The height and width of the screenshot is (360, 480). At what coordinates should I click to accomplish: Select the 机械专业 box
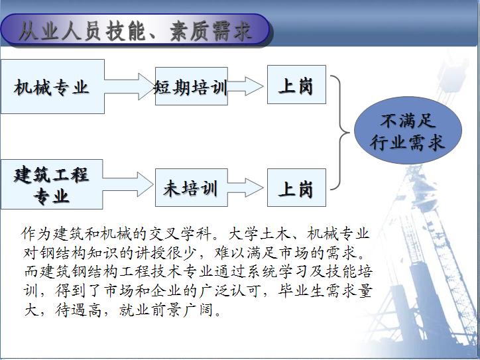click(52, 87)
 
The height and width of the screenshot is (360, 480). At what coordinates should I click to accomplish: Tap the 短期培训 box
click(192, 86)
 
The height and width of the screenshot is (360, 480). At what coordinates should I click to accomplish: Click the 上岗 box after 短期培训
click(296, 84)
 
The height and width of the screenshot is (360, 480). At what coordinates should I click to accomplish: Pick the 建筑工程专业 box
click(52, 184)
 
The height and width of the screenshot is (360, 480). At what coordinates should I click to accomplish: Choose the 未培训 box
click(192, 188)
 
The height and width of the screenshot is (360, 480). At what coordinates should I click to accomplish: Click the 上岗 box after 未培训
click(296, 188)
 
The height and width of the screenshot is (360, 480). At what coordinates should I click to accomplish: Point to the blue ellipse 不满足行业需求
click(408, 131)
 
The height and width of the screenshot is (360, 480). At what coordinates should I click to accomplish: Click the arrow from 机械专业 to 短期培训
click(130, 86)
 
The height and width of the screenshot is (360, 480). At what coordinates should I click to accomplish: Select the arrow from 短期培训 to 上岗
click(245, 86)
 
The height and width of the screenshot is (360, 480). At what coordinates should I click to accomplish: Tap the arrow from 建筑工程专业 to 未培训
click(128, 184)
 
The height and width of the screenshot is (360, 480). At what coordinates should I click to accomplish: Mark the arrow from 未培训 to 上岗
click(245, 188)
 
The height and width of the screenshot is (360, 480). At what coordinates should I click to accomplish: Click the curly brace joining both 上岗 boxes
click(340, 133)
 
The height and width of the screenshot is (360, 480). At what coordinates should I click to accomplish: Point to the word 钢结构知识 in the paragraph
click(79, 253)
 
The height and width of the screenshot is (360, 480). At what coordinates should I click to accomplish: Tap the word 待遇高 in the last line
click(79, 310)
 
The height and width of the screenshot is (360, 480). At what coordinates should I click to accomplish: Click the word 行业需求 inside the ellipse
click(407, 143)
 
